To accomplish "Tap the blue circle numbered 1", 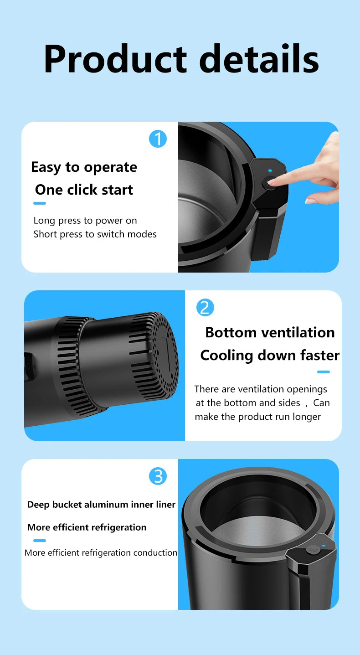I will (158, 139).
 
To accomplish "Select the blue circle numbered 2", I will (205, 308).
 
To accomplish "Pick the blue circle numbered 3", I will (158, 476).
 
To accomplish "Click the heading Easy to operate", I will (84, 167).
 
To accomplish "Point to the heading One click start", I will (84, 190).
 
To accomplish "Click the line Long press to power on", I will (85, 221).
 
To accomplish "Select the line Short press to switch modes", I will (95, 234).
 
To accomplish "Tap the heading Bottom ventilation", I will (270, 332).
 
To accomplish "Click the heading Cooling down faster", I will (270, 355).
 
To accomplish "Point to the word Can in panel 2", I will (321, 403).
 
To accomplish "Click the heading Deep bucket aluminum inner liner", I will (101, 505).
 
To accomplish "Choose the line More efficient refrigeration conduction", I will (101, 552).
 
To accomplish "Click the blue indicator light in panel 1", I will (270, 171).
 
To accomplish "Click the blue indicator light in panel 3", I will (323, 545).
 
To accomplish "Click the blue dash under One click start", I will (40, 203).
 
